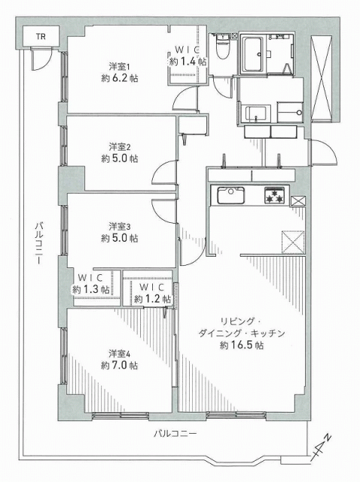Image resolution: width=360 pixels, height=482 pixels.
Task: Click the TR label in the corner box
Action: pyautogui.click(x=41, y=37)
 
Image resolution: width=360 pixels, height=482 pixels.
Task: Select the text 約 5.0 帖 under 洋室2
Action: pyautogui.click(x=120, y=159)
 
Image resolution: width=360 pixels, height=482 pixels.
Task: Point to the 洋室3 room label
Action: pyautogui.click(x=120, y=227)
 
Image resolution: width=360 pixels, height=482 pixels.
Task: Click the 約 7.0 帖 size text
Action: pyautogui.click(x=120, y=365)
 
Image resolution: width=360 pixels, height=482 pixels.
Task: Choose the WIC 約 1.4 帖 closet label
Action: pyautogui.click(x=188, y=56)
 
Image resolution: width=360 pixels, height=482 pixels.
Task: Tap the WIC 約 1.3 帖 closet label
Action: pyautogui.click(x=90, y=284)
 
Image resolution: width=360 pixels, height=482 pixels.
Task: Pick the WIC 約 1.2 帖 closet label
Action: pyautogui.click(x=152, y=294)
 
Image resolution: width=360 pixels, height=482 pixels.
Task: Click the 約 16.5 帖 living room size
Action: pyautogui.click(x=242, y=345)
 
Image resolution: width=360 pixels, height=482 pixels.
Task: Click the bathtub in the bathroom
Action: pyautogui.click(x=253, y=54)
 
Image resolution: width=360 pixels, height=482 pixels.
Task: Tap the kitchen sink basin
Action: pyautogui.click(x=230, y=196)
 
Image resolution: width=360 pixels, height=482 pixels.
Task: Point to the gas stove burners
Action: pyautogui.click(x=273, y=196)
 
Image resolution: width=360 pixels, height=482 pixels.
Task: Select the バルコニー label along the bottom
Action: pyautogui.click(x=175, y=434)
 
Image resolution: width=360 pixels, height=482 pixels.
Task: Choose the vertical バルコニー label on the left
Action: pyautogui.click(x=38, y=243)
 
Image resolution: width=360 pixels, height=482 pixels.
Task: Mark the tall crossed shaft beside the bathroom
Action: pyautogui.click(x=322, y=78)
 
